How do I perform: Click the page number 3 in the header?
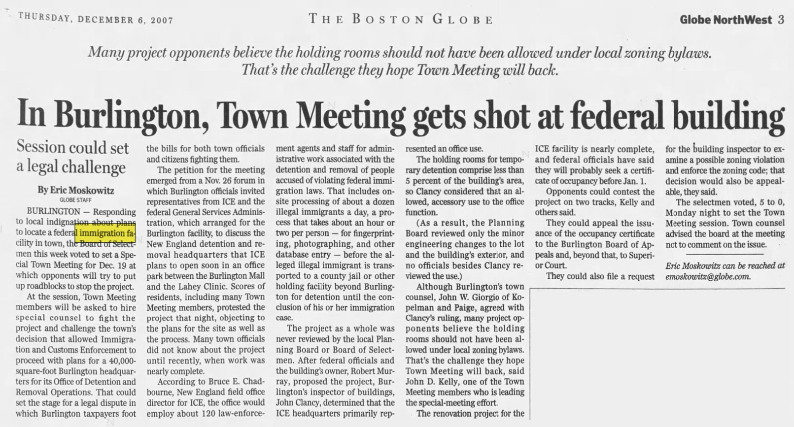[x=781, y=20]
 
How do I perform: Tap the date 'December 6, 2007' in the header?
[x=125, y=20]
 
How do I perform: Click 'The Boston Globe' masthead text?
[x=400, y=19]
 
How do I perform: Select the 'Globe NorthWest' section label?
[x=725, y=20]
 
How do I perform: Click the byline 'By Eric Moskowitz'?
[x=75, y=190]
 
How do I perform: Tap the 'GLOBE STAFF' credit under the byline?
[x=75, y=200]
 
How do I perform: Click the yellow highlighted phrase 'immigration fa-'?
[x=107, y=232]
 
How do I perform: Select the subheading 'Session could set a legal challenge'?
[x=72, y=157]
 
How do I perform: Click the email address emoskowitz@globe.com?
[x=708, y=276]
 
